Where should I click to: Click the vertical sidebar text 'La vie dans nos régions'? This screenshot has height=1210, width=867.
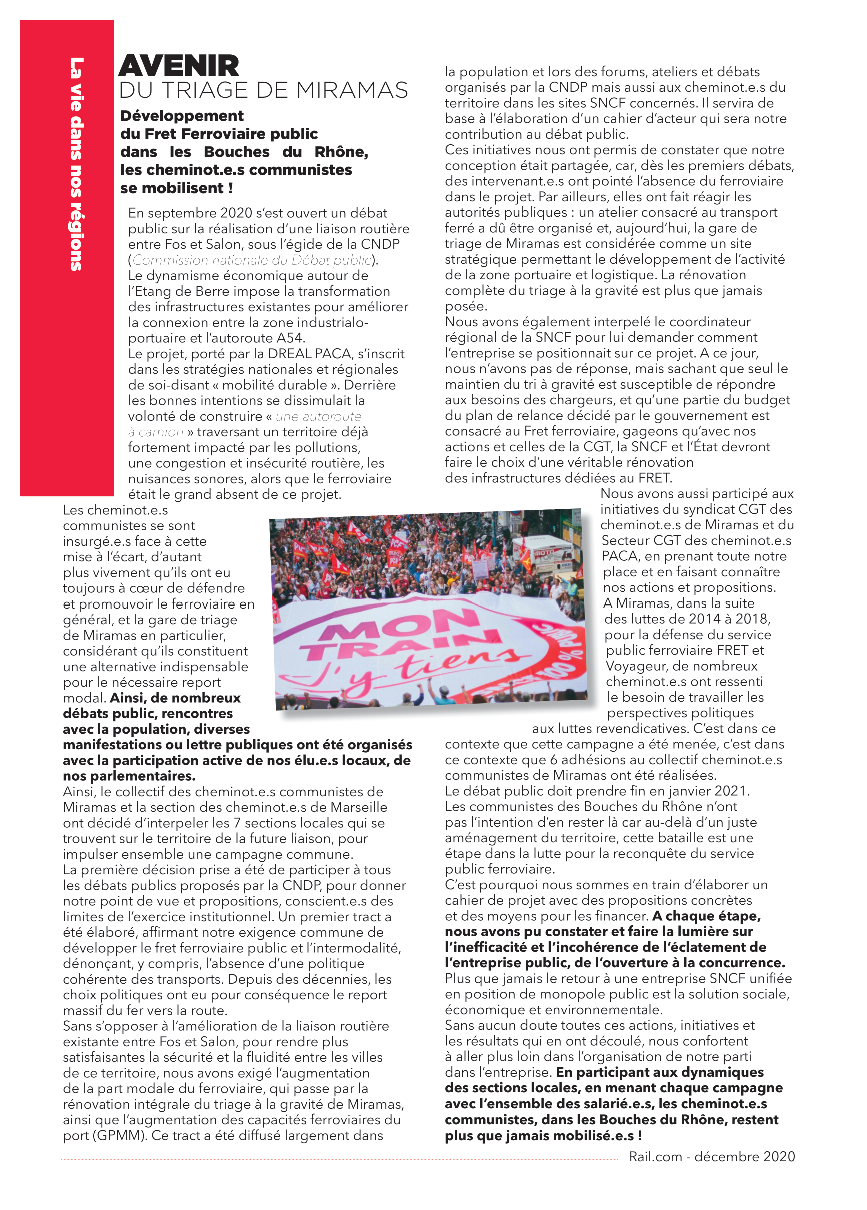(x=77, y=163)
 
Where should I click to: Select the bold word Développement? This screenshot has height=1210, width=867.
(x=182, y=116)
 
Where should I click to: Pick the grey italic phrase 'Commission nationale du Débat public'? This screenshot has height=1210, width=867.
(x=252, y=260)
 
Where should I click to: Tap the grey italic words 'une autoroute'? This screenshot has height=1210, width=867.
(x=319, y=417)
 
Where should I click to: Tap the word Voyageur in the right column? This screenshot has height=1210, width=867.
(x=635, y=666)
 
